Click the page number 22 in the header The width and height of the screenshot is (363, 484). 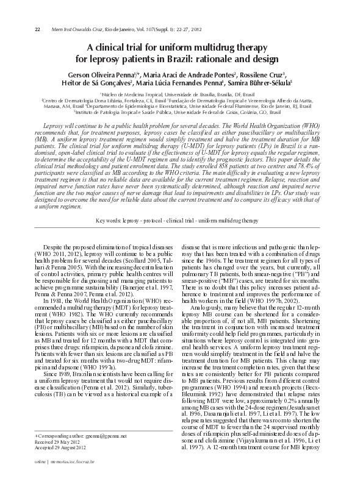[37, 29]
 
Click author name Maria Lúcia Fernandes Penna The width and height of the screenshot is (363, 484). [179, 83]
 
